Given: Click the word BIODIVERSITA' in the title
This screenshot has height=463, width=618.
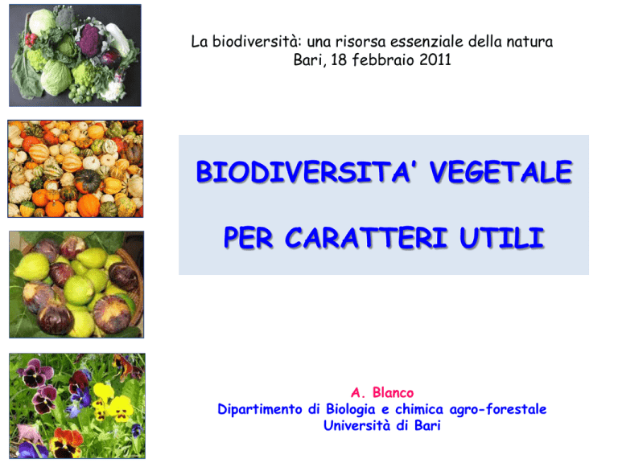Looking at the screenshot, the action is [x=303, y=172].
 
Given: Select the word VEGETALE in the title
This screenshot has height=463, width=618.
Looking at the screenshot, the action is [x=501, y=172].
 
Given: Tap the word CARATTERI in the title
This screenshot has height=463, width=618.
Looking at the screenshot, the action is [x=366, y=237].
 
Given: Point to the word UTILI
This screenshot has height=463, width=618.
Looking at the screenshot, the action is [x=502, y=237].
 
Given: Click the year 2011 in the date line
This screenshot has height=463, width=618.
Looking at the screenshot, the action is [x=435, y=59].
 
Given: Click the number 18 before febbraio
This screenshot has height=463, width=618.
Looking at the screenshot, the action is [x=339, y=59].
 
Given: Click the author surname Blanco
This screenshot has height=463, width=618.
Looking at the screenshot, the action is [x=393, y=392].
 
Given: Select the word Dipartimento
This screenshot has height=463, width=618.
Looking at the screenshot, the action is [x=260, y=409].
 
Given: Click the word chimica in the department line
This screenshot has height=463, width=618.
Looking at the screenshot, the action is [x=419, y=409].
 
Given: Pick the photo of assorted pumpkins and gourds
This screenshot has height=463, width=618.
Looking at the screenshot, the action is [x=76, y=169].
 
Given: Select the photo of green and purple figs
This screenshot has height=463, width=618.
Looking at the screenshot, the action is [x=76, y=285].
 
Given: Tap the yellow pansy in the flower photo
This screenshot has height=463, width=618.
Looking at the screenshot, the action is [x=120, y=408].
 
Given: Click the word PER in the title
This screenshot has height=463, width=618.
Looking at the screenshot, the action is [x=249, y=237].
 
